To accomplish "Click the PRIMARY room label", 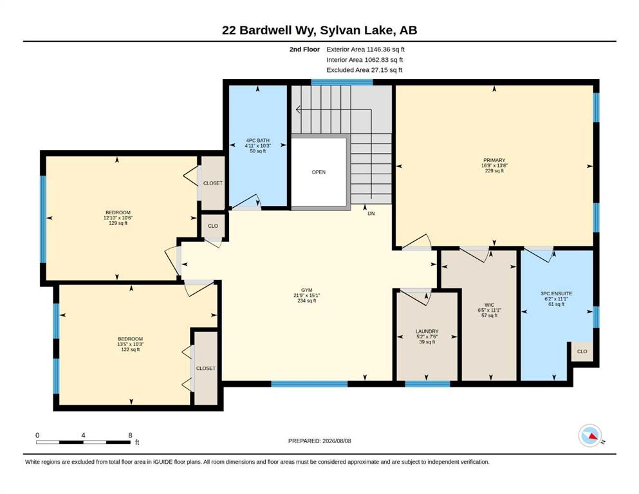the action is [x=494, y=160].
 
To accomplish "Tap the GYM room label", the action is [x=306, y=290].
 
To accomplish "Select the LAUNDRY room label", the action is [x=427, y=331].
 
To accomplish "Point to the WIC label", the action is [x=490, y=305].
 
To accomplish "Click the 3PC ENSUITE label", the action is [x=556, y=293].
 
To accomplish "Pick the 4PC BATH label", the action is [x=257, y=140].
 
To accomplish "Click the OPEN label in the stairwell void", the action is [x=319, y=172].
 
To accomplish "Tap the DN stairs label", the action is [x=371, y=214].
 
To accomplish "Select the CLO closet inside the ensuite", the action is [x=582, y=351].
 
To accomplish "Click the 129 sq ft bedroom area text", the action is [x=118, y=223].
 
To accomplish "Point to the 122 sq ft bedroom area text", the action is [x=131, y=349].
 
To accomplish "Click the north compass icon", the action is [x=590, y=435].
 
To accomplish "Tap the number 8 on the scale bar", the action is [x=131, y=435].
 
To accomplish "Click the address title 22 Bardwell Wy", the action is [x=269, y=30].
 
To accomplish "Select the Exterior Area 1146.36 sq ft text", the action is [x=366, y=50].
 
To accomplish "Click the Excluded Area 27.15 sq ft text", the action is [x=364, y=69].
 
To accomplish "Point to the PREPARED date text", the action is [x=319, y=441].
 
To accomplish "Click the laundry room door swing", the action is [x=416, y=296].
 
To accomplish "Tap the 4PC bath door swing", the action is [x=246, y=203].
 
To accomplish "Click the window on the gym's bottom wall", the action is [x=310, y=383].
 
